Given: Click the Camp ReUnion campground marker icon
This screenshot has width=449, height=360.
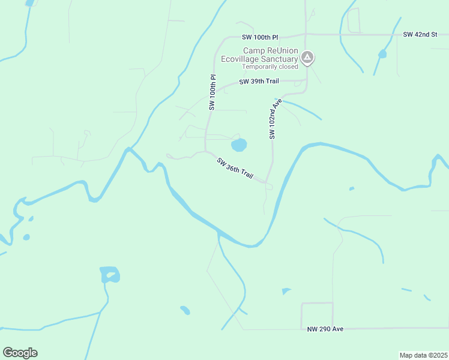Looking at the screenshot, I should point(307,58).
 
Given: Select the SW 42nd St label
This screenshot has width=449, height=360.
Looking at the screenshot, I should point(421,34).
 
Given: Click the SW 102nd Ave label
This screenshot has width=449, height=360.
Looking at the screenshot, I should point(275,119).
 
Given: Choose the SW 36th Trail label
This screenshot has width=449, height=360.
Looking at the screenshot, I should point(235,167).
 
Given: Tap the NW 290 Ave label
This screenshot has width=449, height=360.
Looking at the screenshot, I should point(325,329).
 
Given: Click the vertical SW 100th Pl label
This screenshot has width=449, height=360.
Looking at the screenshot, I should point(212,92).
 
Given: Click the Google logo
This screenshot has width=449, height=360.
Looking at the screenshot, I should point(20,353).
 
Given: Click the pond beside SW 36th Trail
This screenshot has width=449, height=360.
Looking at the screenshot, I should point(239,145).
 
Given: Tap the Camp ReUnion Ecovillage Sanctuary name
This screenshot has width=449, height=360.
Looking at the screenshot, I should point(270,55).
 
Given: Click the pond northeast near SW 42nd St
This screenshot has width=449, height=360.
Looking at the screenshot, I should point(382,54).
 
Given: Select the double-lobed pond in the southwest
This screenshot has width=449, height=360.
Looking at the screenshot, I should point(110,275).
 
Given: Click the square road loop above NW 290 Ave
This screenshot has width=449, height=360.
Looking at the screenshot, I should point(317,316).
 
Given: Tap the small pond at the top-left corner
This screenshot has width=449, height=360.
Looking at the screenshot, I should point(29,3).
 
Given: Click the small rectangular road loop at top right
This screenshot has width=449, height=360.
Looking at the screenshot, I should point(353,20).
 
